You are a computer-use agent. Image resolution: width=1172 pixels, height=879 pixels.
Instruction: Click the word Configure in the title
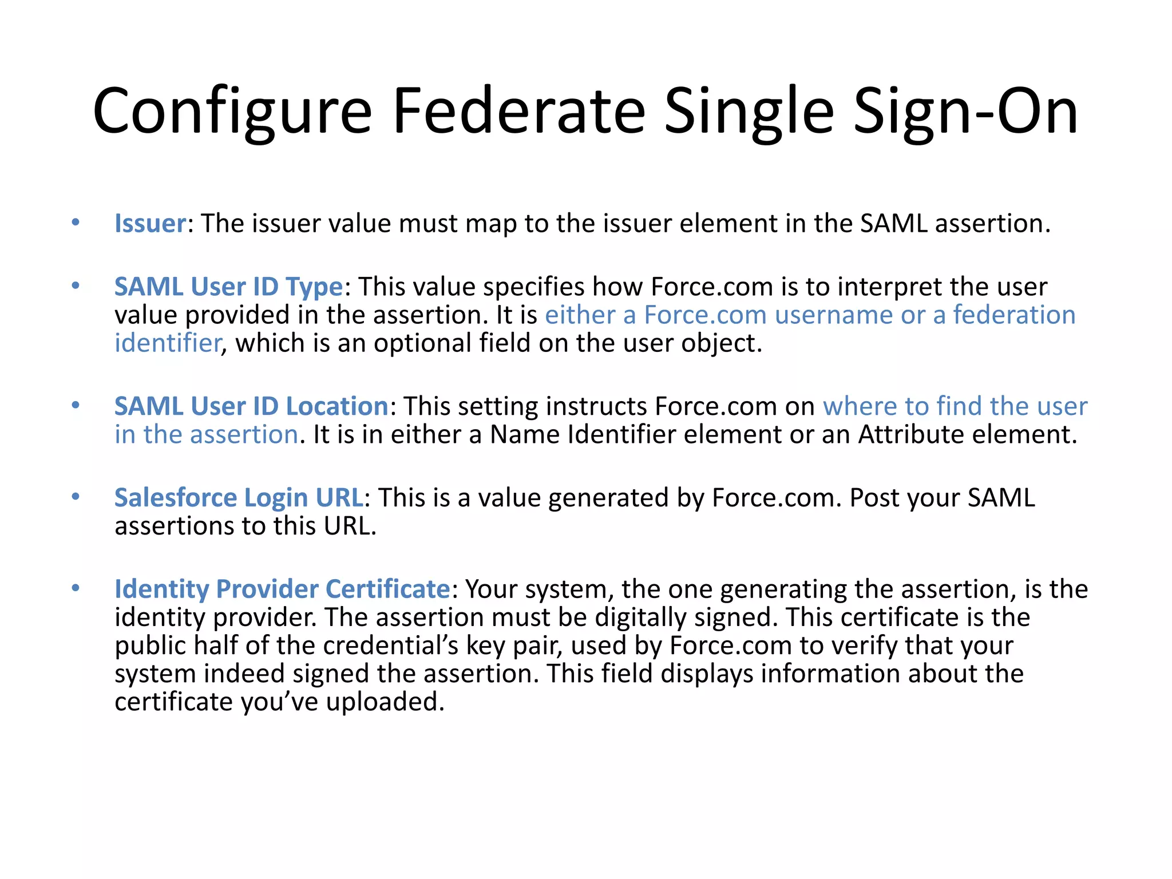[232, 111]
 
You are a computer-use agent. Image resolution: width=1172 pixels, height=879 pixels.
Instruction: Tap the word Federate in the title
[518, 111]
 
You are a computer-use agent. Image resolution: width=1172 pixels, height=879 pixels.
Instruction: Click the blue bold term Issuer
[150, 223]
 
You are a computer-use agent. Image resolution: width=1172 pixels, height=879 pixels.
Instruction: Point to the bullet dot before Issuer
[76, 222]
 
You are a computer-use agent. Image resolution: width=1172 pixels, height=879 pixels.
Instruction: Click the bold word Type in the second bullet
[314, 287]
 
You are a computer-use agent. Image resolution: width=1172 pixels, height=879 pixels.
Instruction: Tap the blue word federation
[1014, 315]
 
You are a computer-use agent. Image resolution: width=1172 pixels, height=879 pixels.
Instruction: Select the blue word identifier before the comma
[167, 343]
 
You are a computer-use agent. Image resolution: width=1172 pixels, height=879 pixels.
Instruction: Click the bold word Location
[337, 406]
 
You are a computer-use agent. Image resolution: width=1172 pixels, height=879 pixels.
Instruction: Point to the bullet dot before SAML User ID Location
[76, 405]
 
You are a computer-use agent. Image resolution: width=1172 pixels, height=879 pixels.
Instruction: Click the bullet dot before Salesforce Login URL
[76, 497]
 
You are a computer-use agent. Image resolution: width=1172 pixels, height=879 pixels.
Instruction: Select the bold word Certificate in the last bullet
[388, 589]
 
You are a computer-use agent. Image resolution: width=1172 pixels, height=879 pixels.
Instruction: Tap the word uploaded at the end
[385, 702]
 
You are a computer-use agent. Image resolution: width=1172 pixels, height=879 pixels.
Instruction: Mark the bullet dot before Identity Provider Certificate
[76, 588]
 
